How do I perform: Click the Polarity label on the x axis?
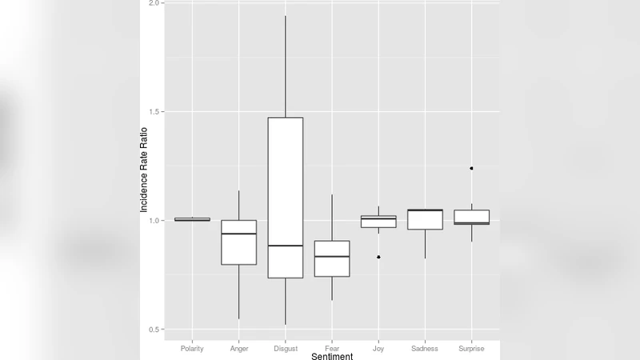192,349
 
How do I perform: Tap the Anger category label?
238,349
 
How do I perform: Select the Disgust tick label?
285,349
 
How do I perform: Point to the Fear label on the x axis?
332,349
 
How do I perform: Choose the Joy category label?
378,349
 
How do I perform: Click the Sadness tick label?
425,349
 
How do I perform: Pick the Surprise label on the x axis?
471,349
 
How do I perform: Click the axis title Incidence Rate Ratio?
145,169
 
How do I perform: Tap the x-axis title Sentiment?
332,356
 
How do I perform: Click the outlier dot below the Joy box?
378,257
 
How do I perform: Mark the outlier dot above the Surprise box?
471,169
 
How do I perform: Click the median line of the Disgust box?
285,246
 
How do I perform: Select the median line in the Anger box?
238,234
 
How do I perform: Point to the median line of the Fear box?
332,256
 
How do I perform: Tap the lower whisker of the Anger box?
238,292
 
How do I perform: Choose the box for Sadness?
425,219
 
